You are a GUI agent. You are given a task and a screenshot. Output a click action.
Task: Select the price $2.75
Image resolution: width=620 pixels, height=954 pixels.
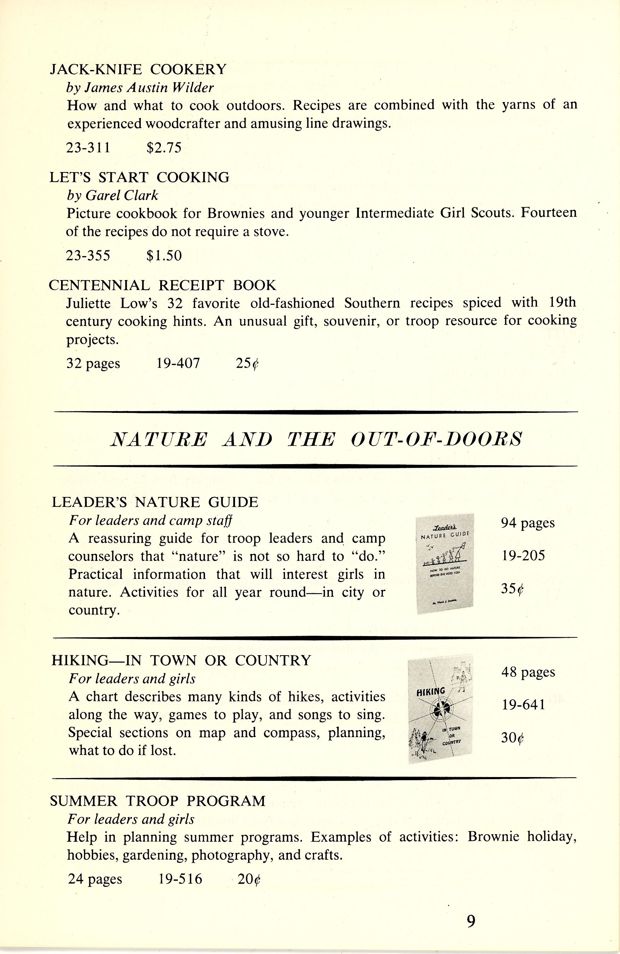pos(164,148)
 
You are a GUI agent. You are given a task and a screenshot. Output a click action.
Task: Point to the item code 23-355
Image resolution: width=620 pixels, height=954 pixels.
pos(88,255)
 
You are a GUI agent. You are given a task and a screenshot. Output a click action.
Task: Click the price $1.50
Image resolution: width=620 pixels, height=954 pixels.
pos(164,255)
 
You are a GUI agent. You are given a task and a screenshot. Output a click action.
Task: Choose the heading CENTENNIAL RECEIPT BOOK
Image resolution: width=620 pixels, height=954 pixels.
pos(162,285)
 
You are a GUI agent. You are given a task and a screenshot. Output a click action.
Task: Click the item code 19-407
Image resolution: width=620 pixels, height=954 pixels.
pos(178,363)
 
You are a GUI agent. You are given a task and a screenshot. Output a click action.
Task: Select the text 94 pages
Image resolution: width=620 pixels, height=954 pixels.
pos(528,523)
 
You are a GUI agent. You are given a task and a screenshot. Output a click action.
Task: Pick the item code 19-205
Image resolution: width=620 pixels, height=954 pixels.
pos(523,556)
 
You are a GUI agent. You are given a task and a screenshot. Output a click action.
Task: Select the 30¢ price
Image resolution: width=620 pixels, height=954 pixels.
pos(513,738)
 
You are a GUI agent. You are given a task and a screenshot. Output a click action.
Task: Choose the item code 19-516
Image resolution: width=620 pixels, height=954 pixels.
pos(180,879)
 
